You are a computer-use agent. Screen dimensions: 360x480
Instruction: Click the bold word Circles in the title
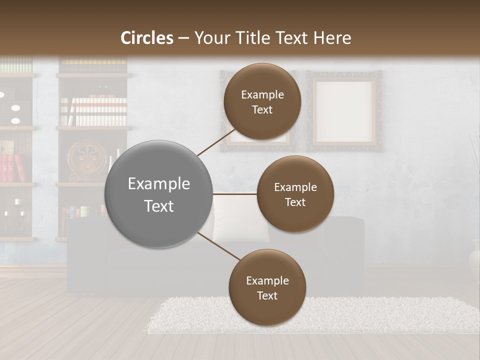pyautogui.click(x=147, y=38)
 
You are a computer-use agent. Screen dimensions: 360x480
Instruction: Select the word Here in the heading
pyautogui.click(x=332, y=38)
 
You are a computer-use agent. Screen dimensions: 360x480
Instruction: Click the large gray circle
pyautogui.click(x=158, y=194)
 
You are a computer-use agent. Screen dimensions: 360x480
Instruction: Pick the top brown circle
pyautogui.click(x=262, y=101)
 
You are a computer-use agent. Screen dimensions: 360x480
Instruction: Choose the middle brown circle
pyautogui.click(x=295, y=194)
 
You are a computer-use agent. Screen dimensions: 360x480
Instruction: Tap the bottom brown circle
pyautogui.click(x=267, y=287)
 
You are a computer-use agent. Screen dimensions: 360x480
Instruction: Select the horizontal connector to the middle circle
pyautogui.click(x=235, y=194)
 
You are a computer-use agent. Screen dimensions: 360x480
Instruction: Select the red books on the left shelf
pyautogui.click(x=12, y=167)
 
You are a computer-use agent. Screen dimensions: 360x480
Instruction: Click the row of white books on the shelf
pyautogui.click(x=94, y=111)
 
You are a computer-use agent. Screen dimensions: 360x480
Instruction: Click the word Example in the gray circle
pyautogui.click(x=158, y=183)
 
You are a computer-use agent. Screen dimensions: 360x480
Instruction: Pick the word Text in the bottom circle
pyautogui.click(x=267, y=295)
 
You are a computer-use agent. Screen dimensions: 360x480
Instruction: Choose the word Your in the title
pyautogui.click(x=211, y=38)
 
